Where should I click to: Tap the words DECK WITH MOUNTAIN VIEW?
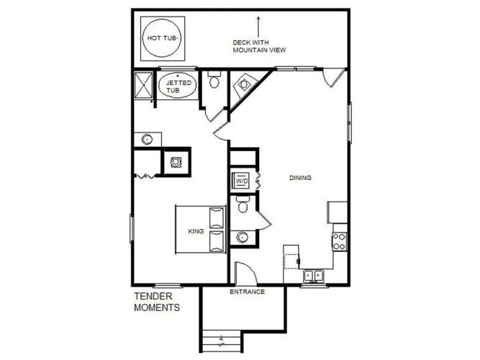click(259, 46)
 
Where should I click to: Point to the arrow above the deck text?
click(258, 27)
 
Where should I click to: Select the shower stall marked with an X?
click(143, 85)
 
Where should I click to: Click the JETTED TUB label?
click(178, 86)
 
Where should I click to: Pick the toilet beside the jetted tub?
click(214, 80)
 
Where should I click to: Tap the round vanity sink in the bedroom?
click(147, 140)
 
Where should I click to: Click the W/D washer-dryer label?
click(242, 181)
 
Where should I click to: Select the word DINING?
click(300, 178)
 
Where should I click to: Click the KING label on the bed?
click(196, 231)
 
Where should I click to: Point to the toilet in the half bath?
click(243, 204)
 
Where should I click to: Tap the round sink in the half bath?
click(242, 237)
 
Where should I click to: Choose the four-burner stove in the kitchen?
click(340, 242)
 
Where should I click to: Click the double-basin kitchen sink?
click(314, 276)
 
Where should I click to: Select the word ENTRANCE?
click(248, 292)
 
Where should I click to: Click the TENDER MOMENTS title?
click(157, 302)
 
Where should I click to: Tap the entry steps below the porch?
click(222, 341)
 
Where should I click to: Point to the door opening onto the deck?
click(335, 78)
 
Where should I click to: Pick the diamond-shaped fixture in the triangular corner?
click(244, 84)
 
